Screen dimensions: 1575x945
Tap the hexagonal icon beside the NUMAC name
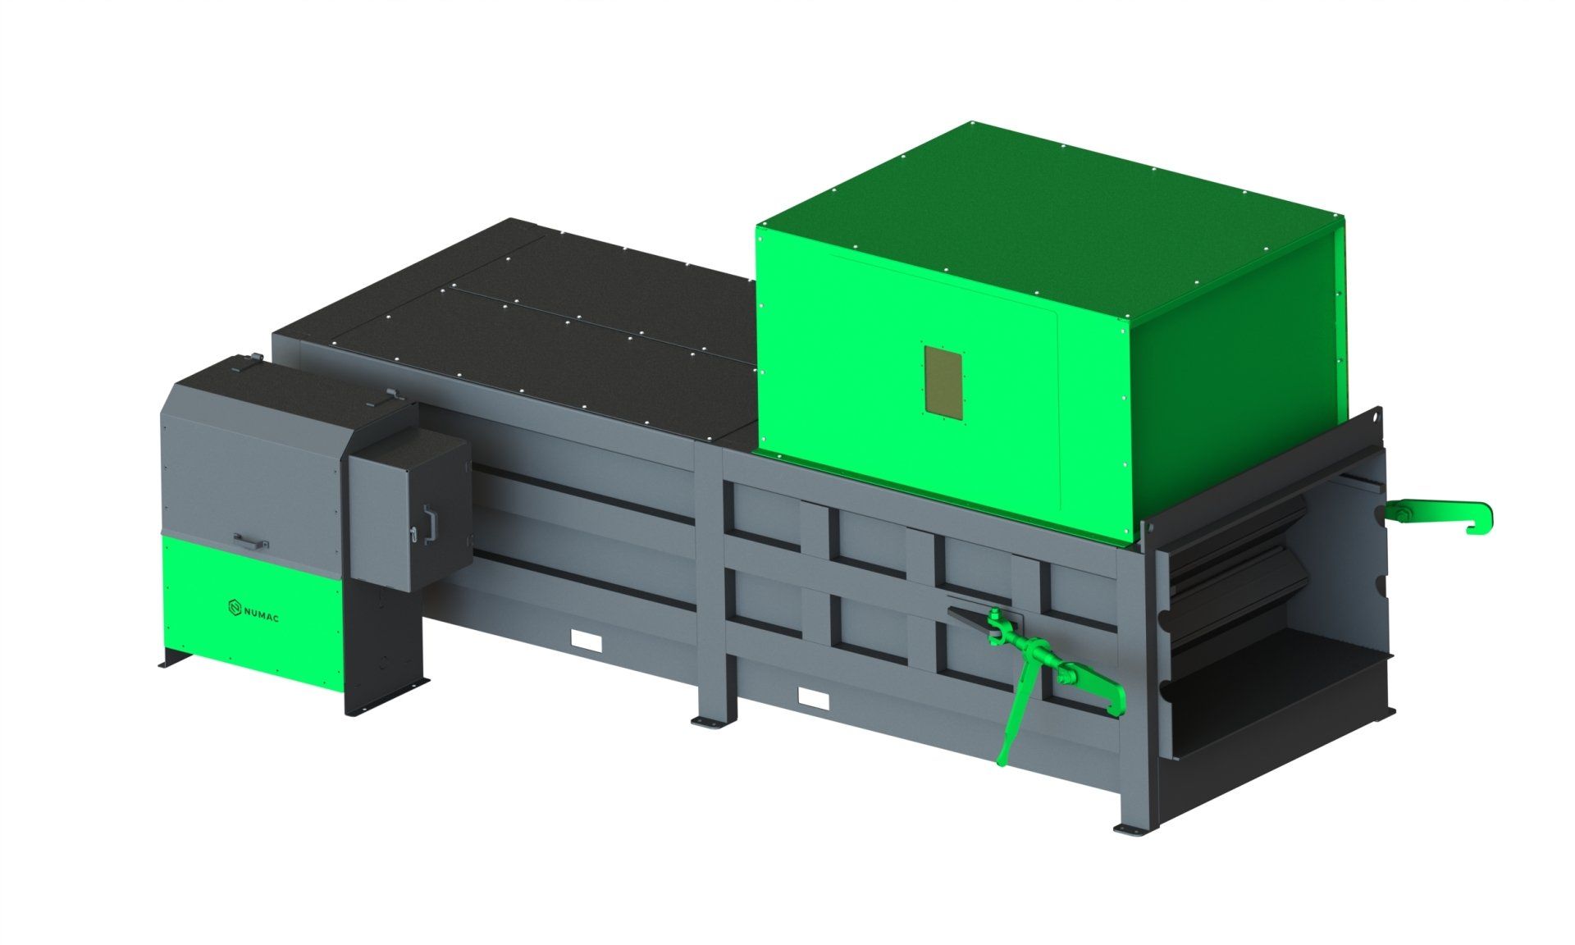pos(234,607)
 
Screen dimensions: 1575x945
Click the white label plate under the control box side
pos(586,640)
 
